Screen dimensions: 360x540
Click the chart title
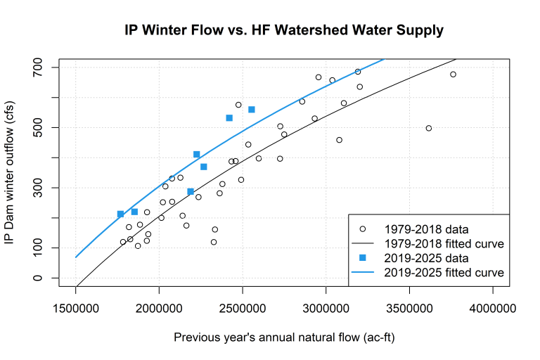pyautogui.click(x=284, y=31)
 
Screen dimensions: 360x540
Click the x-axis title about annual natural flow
pyautogui.click(x=284, y=337)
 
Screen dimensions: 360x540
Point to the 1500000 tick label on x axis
pyautogui.click(x=75, y=309)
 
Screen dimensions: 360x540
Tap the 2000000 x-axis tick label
pyautogui.click(x=159, y=309)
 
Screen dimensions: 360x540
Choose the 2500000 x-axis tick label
pyautogui.click(x=243, y=309)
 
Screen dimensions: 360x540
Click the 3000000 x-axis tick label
pyautogui.click(x=326, y=309)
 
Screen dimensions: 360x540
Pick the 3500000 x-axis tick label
pyautogui.click(x=409, y=309)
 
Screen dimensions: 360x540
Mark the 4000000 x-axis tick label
pyautogui.click(x=493, y=309)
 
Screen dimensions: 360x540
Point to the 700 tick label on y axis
pyautogui.click(x=42, y=67)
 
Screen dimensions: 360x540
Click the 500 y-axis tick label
pyautogui.click(x=42, y=127)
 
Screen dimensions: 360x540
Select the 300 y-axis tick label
pyautogui.click(x=42, y=188)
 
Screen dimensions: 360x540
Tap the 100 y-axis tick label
pyautogui.click(x=42, y=248)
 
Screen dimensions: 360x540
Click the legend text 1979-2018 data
pyautogui.click(x=427, y=229)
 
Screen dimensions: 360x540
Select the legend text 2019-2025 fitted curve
pyautogui.click(x=444, y=271)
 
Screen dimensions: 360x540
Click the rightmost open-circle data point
pyautogui.click(x=453, y=75)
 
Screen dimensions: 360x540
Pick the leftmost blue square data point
pyautogui.click(x=120, y=214)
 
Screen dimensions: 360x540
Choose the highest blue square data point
pyautogui.click(x=251, y=110)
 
